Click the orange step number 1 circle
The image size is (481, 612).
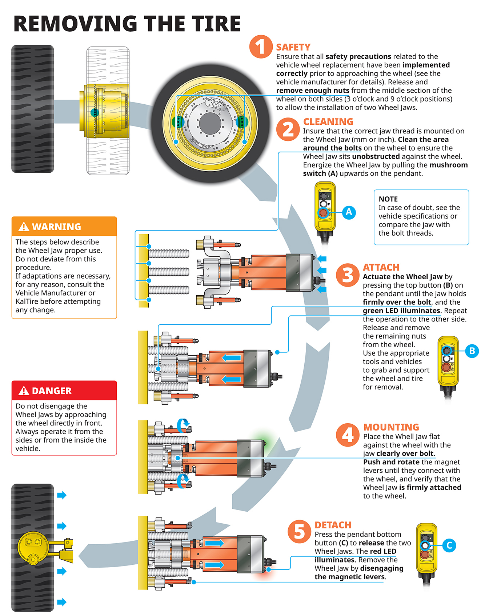[261, 47]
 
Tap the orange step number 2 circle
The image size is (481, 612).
[288, 129]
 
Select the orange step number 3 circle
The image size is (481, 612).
[348, 275]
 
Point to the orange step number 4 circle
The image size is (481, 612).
[348, 435]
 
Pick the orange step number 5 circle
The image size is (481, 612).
[299, 532]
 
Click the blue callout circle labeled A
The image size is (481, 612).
[349, 212]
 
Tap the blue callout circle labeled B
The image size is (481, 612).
[472, 351]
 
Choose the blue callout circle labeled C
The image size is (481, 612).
[449, 545]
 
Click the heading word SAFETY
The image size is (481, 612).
[293, 47]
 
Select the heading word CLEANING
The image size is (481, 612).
[328, 122]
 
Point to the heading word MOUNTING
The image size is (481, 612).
[391, 427]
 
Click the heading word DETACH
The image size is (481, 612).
[333, 525]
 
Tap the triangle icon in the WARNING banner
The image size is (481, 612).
[24, 227]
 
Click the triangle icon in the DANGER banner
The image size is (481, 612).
[24, 391]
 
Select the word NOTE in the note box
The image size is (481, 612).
[388, 199]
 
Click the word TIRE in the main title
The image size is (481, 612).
[216, 24]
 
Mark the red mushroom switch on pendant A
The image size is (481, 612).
[323, 213]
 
